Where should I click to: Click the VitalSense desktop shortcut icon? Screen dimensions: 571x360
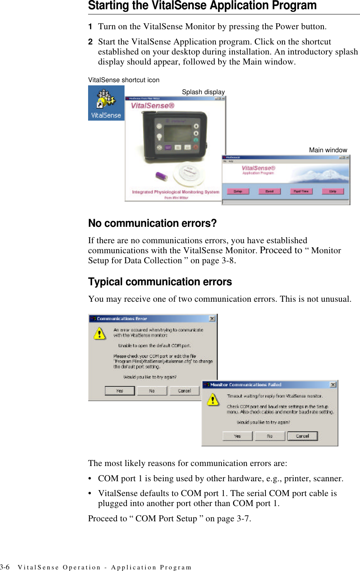(x=106, y=103)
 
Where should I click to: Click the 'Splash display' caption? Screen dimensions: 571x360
(x=203, y=92)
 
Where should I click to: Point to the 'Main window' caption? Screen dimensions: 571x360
(x=328, y=150)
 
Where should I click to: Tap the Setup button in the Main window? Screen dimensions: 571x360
(x=238, y=192)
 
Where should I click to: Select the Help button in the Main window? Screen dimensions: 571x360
(x=333, y=192)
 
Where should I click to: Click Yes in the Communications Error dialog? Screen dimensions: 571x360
(x=119, y=391)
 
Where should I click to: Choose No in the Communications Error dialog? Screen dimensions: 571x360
(x=152, y=391)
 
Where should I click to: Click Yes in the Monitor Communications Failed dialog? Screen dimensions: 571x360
(x=237, y=436)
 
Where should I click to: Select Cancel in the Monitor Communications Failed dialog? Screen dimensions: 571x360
(x=302, y=436)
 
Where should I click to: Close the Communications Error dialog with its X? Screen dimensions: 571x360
(x=212, y=319)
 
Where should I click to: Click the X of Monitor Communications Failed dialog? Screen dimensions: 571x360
(x=333, y=385)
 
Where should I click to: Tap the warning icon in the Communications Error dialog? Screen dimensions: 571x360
(x=99, y=333)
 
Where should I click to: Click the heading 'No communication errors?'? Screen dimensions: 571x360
(x=152, y=223)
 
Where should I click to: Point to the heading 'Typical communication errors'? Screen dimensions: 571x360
(x=160, y=282)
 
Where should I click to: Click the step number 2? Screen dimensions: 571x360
(x=91, y=42)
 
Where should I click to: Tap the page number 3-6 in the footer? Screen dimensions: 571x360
(x=5, y=567)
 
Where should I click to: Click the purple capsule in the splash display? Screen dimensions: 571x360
(x=162, y=176)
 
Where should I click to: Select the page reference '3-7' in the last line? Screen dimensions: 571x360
(x=243, y=519)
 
